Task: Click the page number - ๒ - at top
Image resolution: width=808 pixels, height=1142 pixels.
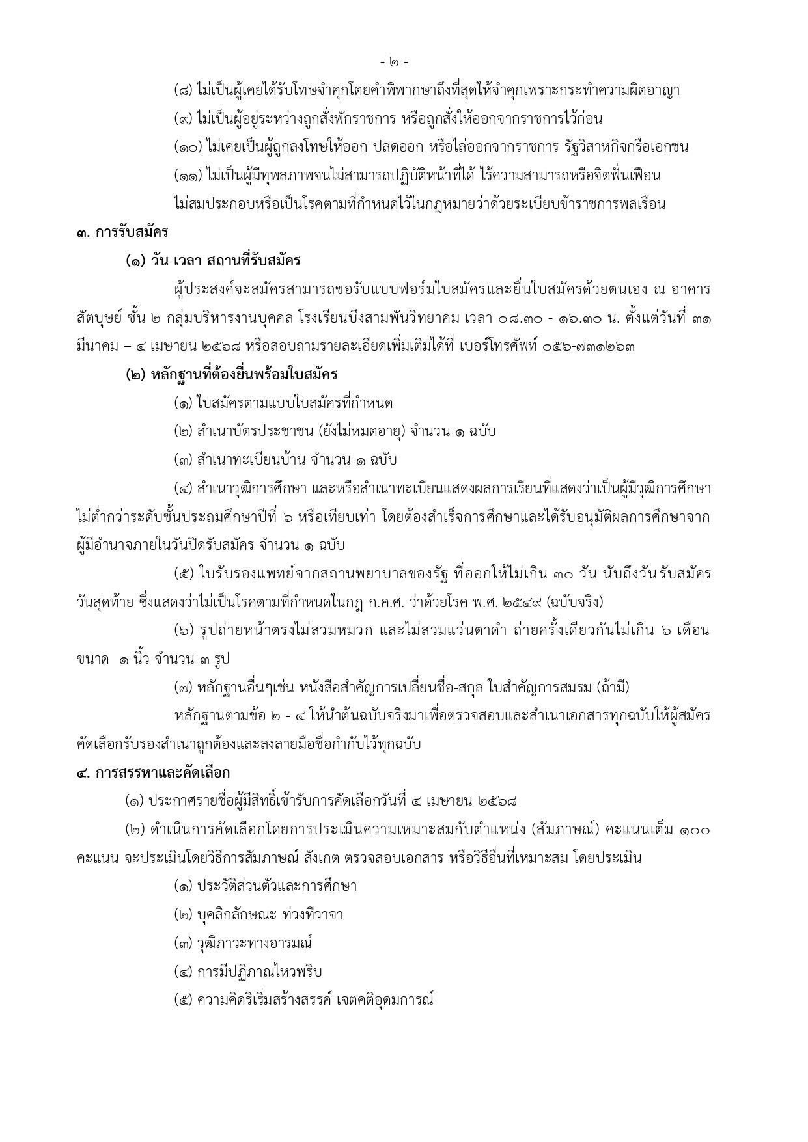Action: [x=395, y=62]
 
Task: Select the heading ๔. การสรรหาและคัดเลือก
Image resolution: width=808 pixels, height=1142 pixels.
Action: [x=152, y=772]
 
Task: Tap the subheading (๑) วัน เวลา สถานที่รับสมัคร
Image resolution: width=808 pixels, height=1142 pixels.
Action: [x=213, y=261]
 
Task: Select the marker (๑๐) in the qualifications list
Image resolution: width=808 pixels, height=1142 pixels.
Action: [x=188, y=147]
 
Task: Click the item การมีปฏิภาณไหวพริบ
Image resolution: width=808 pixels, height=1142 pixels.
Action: [x=259, y=972]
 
